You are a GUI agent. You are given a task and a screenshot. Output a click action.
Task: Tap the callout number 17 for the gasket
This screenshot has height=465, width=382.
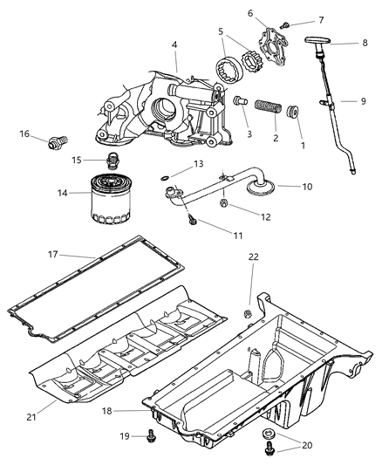click(x=52, y=256)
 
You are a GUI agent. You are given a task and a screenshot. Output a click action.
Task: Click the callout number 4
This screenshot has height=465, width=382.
click(x=174, y=44)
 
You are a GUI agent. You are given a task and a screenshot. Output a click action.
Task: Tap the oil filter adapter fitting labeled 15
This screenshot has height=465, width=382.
click(x=110, y=160)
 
